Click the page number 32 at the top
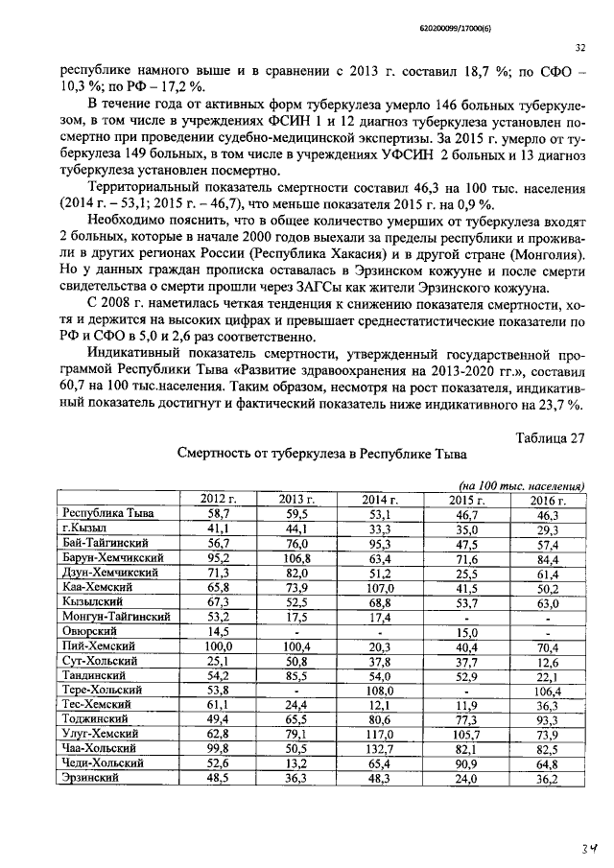tap(579, 46)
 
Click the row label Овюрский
tap(86, 631)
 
